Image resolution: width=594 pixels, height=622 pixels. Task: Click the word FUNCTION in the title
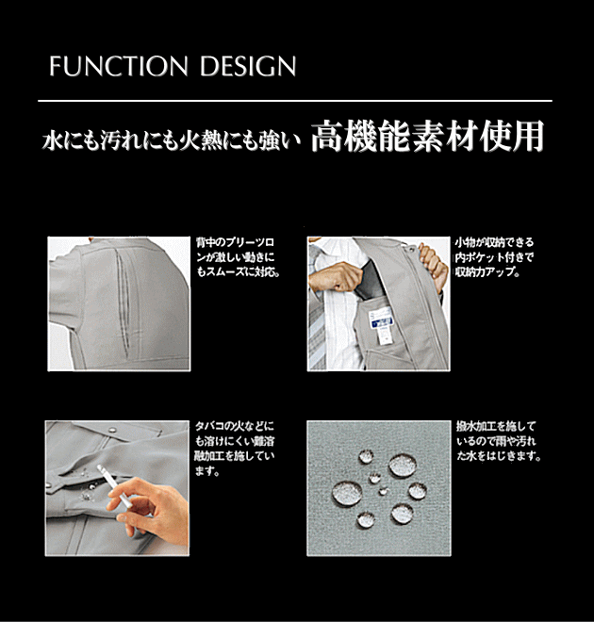(x=119, y=66)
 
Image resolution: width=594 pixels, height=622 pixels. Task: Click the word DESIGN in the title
(x=248, y=66)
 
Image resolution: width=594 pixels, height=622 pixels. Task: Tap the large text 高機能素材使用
(x=427, y=136)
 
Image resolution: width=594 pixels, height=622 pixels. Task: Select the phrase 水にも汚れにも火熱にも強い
(x=172, y=140)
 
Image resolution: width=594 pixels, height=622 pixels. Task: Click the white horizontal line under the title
(x=295, y=101)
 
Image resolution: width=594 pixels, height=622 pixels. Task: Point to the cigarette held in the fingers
(x=115, y=486)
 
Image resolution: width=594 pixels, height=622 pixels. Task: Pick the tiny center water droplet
(x=383, y=492)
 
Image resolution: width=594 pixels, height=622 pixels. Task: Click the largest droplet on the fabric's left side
(x=347, y=494)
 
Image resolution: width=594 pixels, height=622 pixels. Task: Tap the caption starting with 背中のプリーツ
(x=238, y=257)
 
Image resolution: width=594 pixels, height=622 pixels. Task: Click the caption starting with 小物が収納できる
(x=494, y=257)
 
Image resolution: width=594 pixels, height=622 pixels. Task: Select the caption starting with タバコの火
(x=234, y=449)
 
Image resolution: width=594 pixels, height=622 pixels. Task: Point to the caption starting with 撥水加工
(x=499, y=441)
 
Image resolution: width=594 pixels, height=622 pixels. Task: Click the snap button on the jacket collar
(x=113, y=429)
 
